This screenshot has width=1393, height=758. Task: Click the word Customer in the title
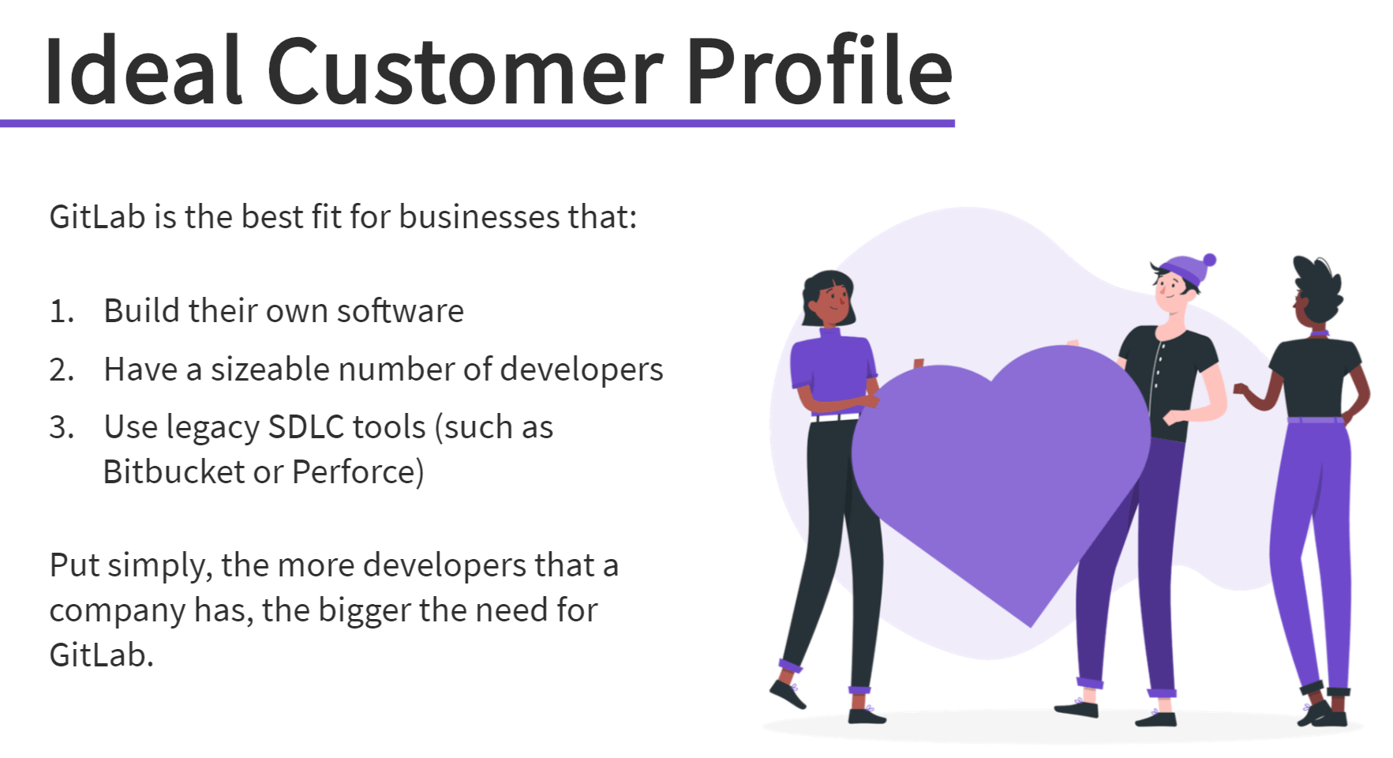point(466,73)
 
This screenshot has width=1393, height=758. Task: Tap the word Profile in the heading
point(819,73)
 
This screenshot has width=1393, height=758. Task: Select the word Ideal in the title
point(142,73)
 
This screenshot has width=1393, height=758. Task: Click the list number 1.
point(61,312)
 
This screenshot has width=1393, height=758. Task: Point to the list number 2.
point(62,370)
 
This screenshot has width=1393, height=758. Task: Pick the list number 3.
point(62,428)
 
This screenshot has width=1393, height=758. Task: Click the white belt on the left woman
point(834,416)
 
